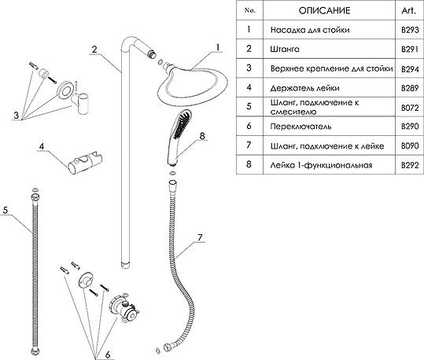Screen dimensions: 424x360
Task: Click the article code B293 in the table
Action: [x=410, y=30]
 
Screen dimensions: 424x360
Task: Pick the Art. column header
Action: [x=409, y=10]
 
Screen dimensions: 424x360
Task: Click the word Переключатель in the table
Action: [x=300, y=127]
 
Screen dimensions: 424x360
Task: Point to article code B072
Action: [x=410, y=108]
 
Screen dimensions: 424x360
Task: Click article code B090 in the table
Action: [x=410, y=146]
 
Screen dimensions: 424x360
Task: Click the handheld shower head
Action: [x=179, y=137]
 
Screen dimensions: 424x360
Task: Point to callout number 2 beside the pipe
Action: [x=94, y=50]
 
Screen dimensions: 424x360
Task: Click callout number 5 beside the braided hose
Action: [x=6, y=210]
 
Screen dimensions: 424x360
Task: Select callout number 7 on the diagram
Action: [x=200, y=237]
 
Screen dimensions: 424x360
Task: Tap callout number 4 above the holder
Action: [x=42, y=146]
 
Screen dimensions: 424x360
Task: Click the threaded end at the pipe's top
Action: [x=153, y=53]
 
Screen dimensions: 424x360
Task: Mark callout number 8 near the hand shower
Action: [x=202, y=136]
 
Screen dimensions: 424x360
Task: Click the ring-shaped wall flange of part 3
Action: [x=65, y=90]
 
